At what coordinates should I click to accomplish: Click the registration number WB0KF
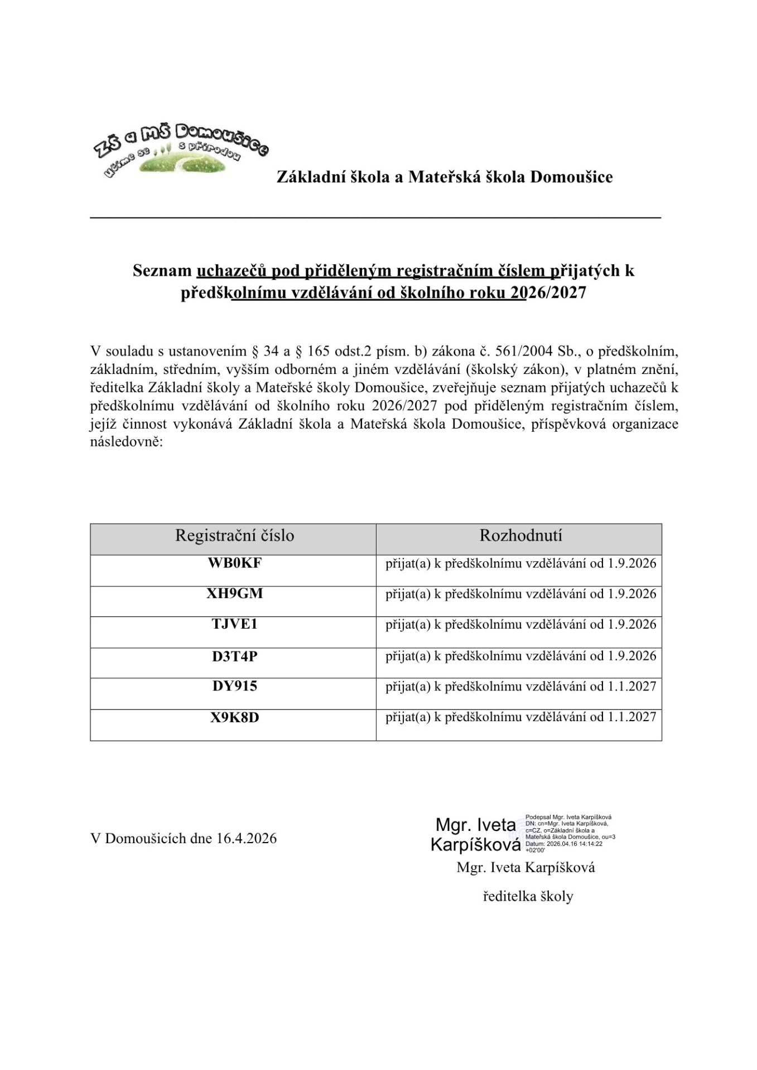pos(234,563)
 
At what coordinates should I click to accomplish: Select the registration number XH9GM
pos(234,594)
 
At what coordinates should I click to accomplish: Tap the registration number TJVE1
pos(234,624)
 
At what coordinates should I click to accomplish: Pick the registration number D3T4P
pos(234,656)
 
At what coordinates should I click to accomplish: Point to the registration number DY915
pos(234,686)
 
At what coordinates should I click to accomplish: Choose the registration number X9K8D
pos(234,717)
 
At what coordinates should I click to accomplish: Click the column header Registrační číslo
pos(234,536)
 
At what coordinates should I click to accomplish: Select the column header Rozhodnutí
pos(520,536)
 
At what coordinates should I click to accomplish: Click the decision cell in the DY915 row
pos(520,687)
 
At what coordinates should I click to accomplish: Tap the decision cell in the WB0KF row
pos(520,563)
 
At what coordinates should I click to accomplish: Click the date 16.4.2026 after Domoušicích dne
pos(246,839)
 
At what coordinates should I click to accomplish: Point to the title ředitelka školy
pos(528,897)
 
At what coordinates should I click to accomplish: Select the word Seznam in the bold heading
pos(162,271)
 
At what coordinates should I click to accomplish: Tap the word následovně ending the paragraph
pos(126,443)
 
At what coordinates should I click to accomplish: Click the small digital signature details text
pos(569,833)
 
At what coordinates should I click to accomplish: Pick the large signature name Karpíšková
pos(475,845)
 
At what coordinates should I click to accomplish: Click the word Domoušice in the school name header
pos(571,177)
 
